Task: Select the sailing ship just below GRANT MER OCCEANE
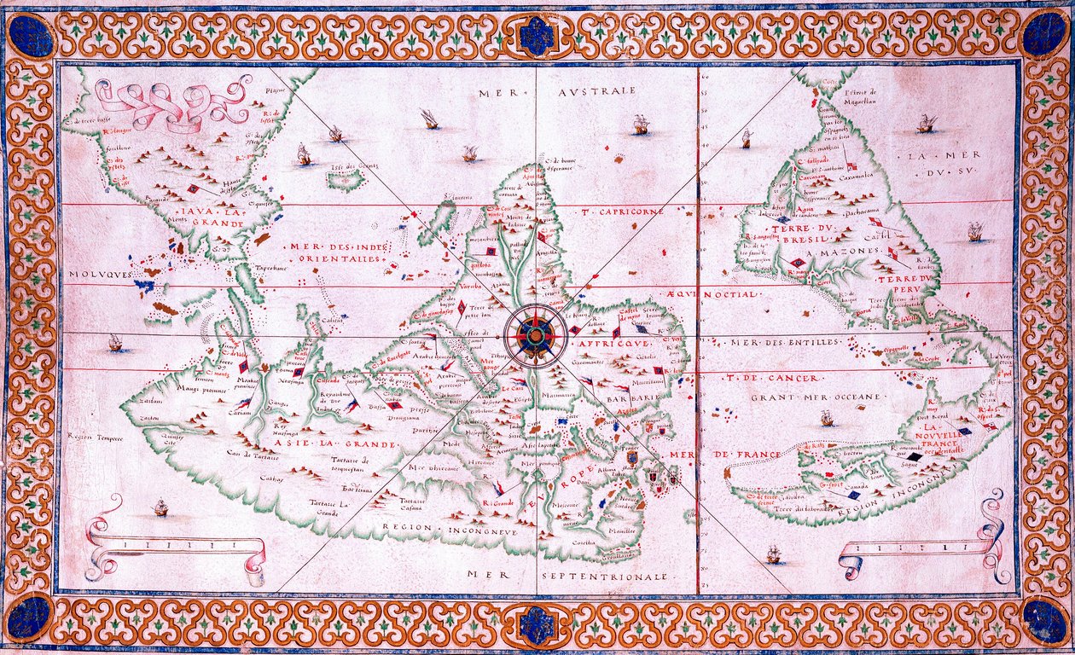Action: [x=826, y=419]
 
